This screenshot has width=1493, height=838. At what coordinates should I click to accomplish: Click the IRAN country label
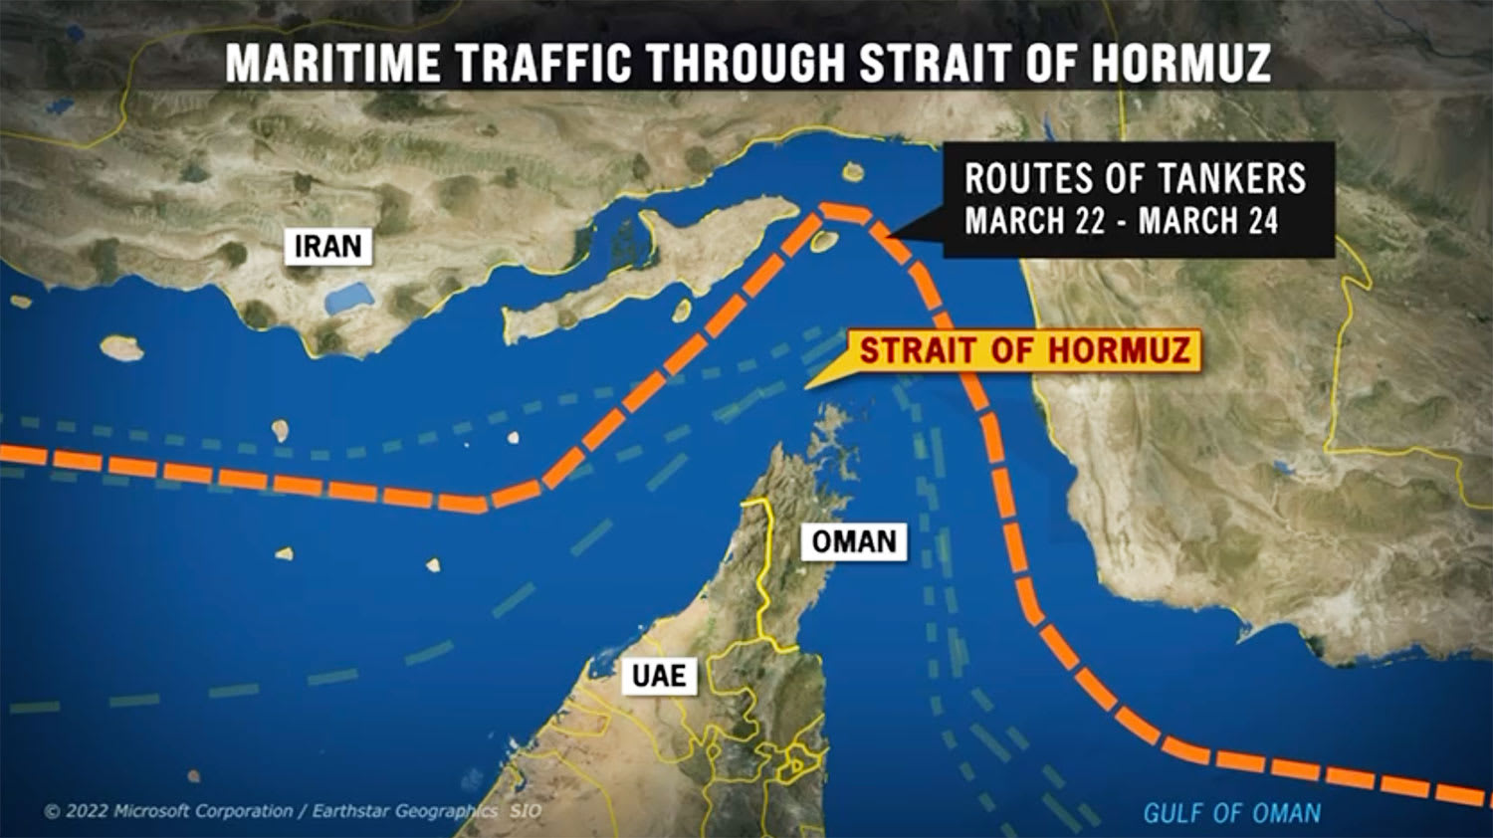327,246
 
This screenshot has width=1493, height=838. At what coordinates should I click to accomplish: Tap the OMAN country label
854,542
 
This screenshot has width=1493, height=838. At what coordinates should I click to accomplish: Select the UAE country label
659,677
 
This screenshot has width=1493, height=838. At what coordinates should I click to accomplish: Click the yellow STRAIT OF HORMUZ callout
1024,351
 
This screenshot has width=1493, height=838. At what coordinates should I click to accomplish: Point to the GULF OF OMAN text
1231,813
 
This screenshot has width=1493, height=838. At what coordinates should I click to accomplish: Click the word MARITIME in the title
332,63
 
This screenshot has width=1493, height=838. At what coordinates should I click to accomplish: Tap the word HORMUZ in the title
1180,63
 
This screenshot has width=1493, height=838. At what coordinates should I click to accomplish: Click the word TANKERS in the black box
1234,179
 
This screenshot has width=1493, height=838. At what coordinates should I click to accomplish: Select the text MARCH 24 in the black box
1208,221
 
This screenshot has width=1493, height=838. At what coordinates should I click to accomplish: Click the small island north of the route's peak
852,172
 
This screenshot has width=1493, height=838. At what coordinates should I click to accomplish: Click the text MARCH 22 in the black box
1034,221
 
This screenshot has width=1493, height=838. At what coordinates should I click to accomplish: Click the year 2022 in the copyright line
86,811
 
